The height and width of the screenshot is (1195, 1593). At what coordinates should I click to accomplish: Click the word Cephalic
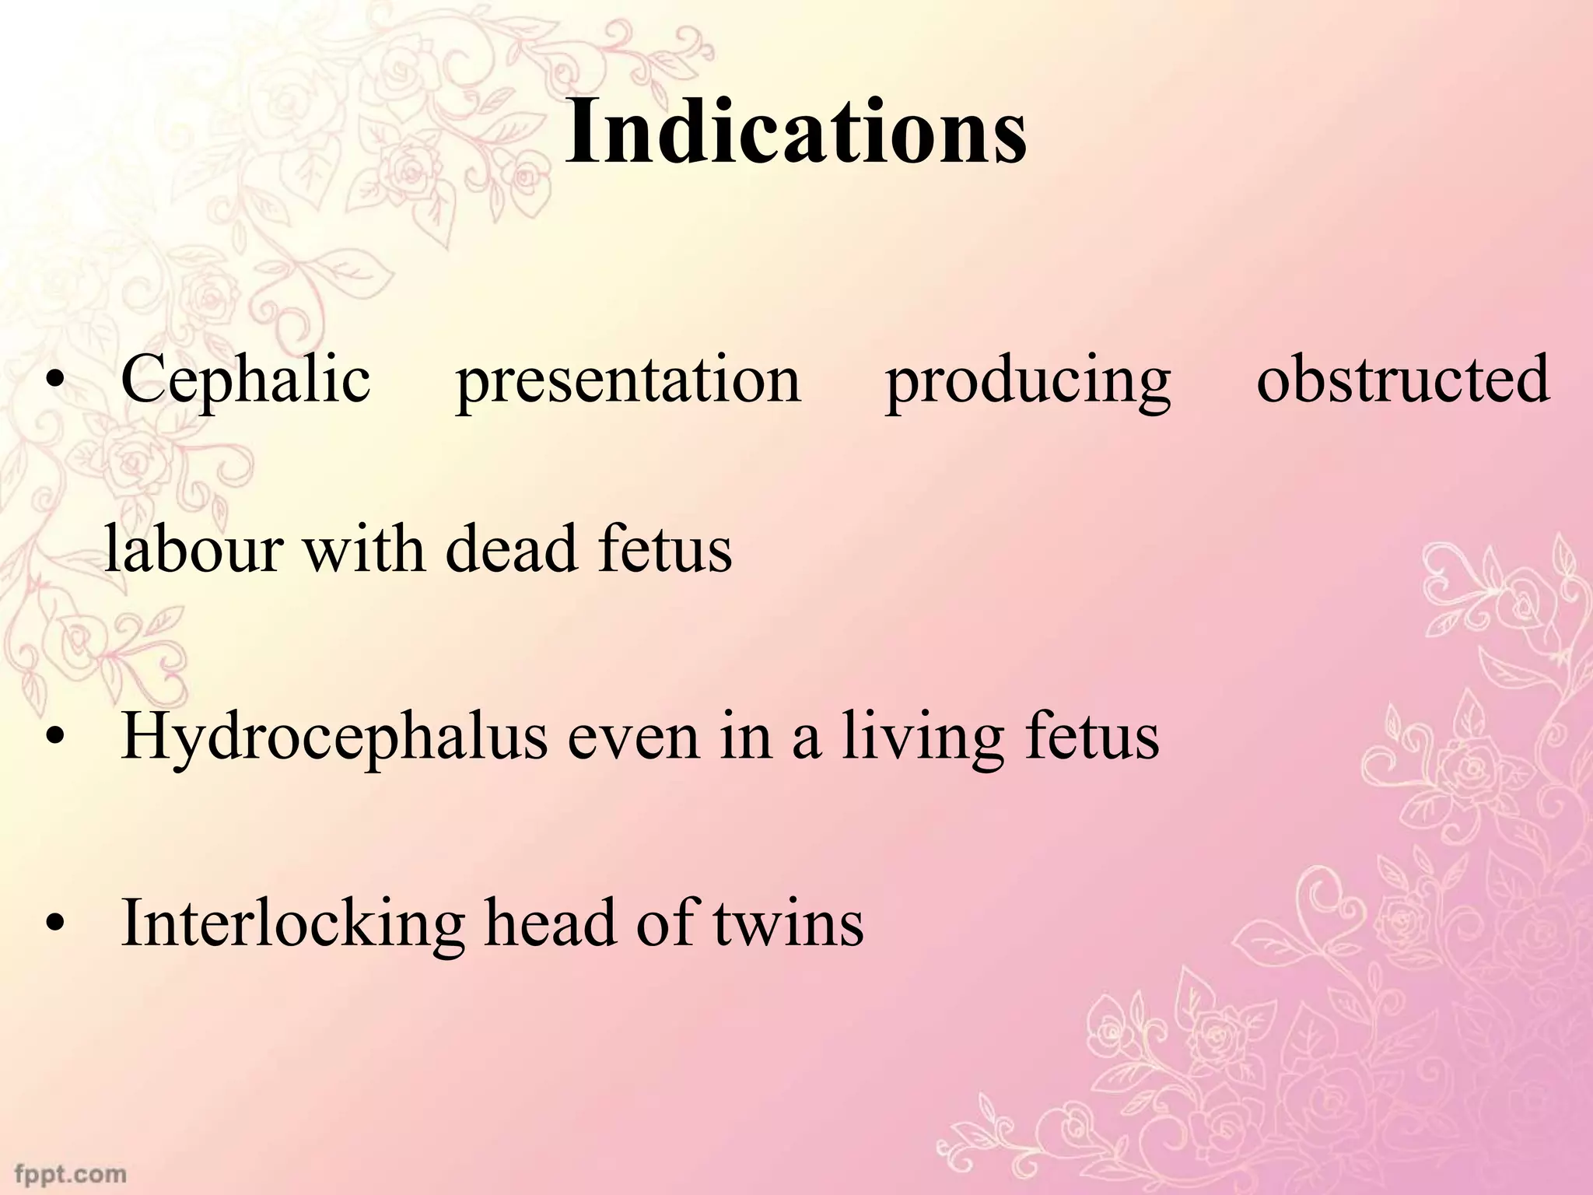246,380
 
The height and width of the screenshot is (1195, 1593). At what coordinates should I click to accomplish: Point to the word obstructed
1402,380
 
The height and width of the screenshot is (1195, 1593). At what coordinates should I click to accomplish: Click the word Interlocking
293,923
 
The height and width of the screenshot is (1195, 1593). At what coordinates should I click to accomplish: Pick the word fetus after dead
665,548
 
